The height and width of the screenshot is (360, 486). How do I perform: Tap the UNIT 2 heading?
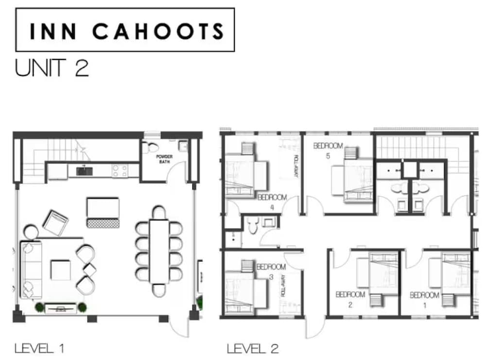coord(52,68)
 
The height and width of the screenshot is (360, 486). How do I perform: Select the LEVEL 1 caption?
coord(39,348)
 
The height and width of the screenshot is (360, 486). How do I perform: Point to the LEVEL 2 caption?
coord(253,348)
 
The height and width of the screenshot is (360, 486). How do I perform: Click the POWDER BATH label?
coord(164,159)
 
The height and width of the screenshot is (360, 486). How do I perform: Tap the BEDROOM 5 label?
coord(328,150)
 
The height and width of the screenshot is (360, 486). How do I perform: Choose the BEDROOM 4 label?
coord(272,202)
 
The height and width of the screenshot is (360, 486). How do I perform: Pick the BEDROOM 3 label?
coord(271,271)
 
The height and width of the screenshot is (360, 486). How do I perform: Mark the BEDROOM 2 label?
coord(350,299)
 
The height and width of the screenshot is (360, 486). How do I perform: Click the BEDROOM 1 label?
coord(425,300)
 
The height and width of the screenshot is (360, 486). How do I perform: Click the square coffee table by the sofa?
coord(61,270)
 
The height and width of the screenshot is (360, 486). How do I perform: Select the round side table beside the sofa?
coord(31,233)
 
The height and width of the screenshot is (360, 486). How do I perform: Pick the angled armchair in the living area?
coord(55,223)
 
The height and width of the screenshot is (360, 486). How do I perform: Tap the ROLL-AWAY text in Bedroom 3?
coord(283,286)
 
